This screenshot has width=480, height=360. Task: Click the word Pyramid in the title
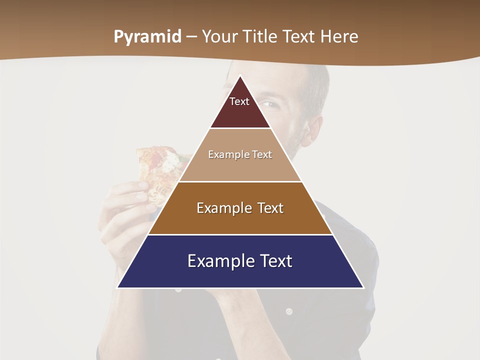coord(147,37)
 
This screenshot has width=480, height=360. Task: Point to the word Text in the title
coord(300,36)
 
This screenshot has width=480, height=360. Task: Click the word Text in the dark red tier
coord(239,101)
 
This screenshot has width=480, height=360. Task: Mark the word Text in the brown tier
coord(270,208)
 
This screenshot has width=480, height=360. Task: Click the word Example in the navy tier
coord(218,261)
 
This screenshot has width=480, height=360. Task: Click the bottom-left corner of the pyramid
coord(117,287)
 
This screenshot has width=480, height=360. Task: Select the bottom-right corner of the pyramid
coord(363,287)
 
